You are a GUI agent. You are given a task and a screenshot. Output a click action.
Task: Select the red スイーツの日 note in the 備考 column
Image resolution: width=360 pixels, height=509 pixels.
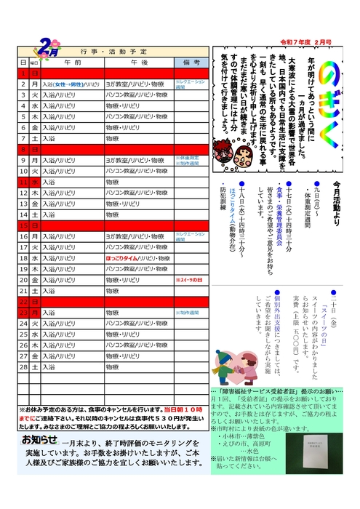pos(190,279)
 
